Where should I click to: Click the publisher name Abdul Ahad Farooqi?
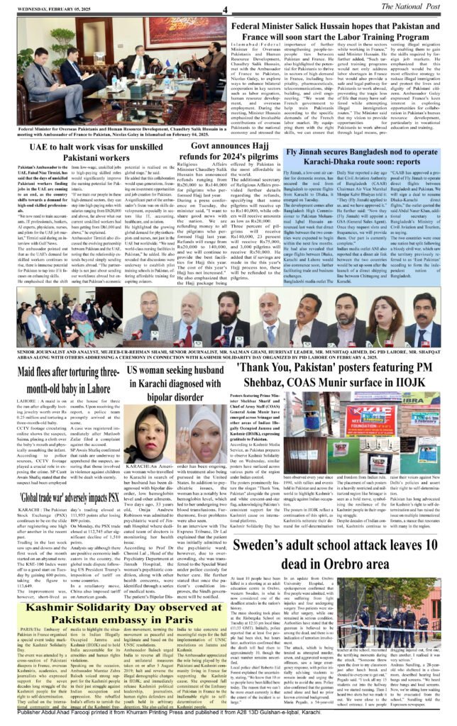64,719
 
